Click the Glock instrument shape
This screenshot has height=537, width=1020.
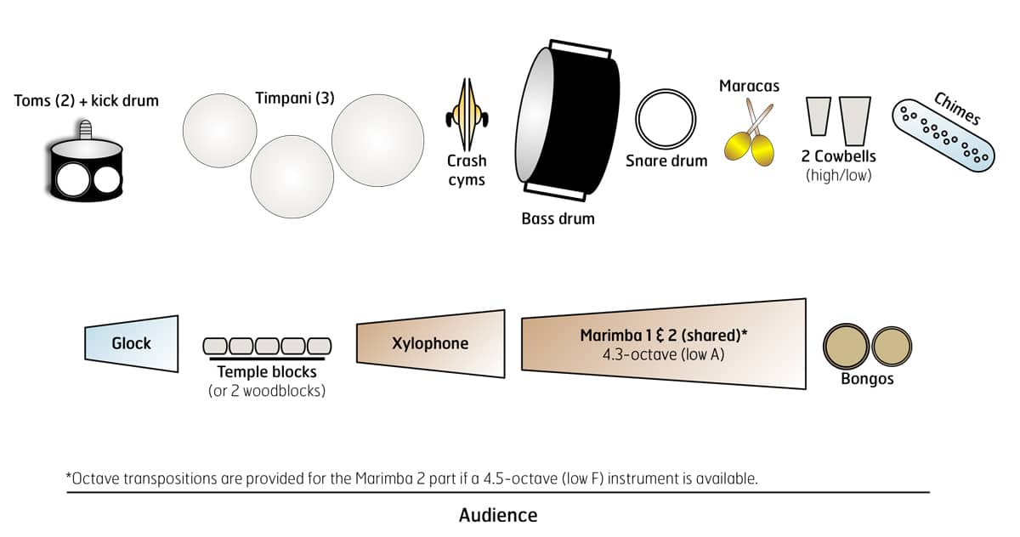(132, 344)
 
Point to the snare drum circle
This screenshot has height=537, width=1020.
(666, 119)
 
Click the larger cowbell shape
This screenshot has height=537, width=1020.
(855, 119)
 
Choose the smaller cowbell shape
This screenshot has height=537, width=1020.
(819, 116)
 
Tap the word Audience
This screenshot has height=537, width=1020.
(498, 515)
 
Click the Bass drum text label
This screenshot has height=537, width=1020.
(558, 218)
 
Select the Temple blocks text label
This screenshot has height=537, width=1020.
(267, 372)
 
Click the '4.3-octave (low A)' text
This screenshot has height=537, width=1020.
(663, 353)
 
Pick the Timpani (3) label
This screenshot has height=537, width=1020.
(295, 98)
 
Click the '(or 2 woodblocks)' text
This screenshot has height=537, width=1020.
(267, 391)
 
